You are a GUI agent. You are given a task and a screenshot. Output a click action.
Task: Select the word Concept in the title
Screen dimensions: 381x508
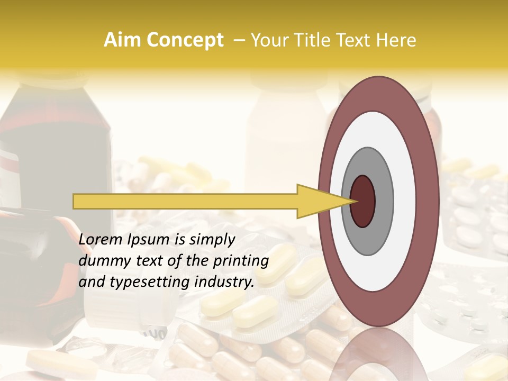(185, 40)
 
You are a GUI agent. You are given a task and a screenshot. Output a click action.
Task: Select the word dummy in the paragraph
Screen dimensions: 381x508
(100, 261)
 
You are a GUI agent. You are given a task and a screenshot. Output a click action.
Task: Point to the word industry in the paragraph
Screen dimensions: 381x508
(224, 282)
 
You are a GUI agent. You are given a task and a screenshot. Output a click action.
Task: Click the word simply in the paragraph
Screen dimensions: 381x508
(212, 240)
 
